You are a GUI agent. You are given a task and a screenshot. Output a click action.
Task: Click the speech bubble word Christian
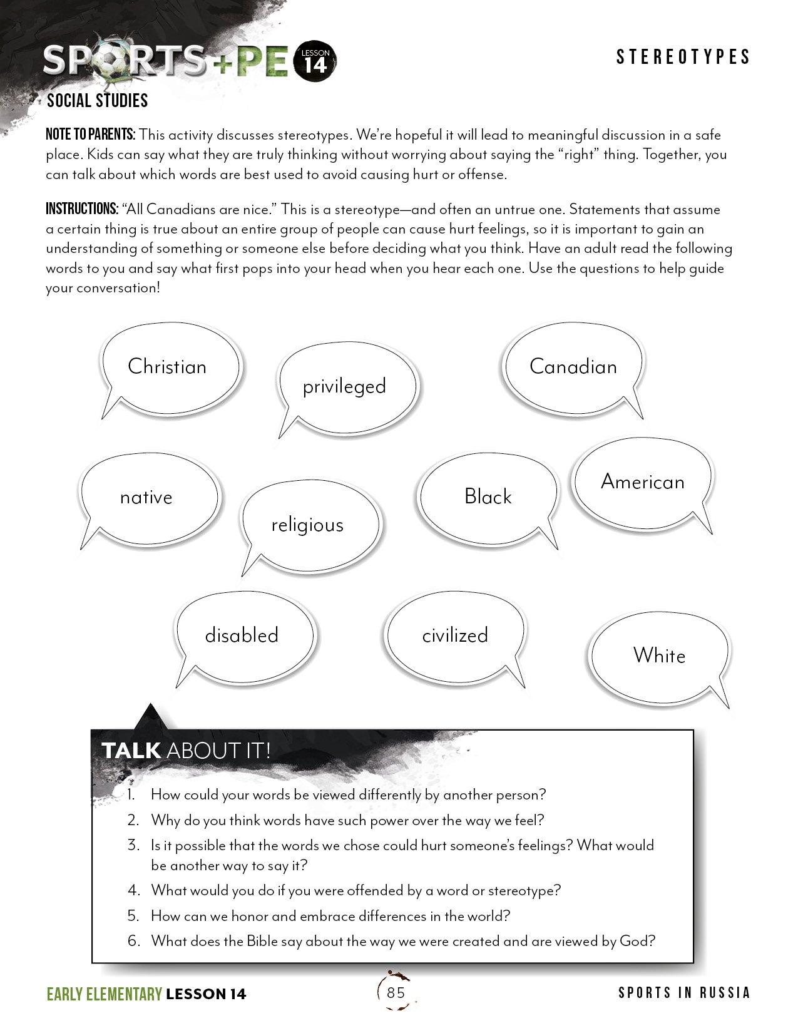tap(167, 366)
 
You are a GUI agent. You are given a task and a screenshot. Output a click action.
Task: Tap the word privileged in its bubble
tap(344, 386)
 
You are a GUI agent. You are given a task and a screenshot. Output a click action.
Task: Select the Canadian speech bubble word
tap(573, 366)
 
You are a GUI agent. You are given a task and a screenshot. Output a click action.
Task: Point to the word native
tap(146, 498)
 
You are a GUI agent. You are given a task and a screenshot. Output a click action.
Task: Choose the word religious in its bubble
tap(307, 525)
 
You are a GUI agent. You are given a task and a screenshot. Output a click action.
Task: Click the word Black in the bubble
tap(488, 497)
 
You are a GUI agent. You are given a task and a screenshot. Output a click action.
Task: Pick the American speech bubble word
tap(643, 482)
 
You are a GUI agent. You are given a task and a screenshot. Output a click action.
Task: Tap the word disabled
tap(242, 635)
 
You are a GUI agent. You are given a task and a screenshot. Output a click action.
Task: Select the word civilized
tap(455, 635)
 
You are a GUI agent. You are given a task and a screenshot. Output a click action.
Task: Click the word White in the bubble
tap(659, 655)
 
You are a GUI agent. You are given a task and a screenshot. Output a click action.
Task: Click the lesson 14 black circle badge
tap(315, 62)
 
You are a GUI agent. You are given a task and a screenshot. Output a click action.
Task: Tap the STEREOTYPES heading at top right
tap(683, 57)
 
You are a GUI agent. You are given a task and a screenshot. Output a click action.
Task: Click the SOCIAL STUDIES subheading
tap(98, 100)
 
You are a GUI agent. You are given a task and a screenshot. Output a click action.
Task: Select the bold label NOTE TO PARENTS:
tap(90, 135)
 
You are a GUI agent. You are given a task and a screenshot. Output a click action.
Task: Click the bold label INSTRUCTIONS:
tap(82, 209)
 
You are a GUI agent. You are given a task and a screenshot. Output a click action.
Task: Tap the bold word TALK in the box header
tap(131, 750)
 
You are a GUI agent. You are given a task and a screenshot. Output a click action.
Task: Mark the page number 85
tap(396, 992)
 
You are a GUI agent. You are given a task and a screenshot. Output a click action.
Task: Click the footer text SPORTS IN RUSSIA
tap(684, 993)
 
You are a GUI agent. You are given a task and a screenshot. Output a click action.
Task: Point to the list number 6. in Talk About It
tap(134, 941)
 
